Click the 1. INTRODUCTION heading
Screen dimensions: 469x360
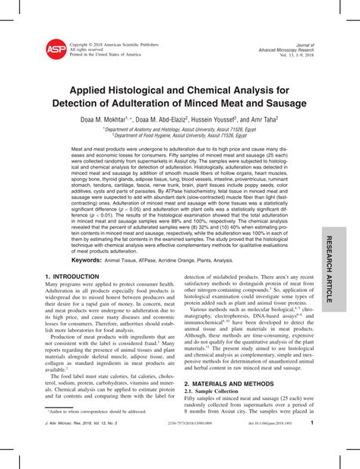click(74, 278)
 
